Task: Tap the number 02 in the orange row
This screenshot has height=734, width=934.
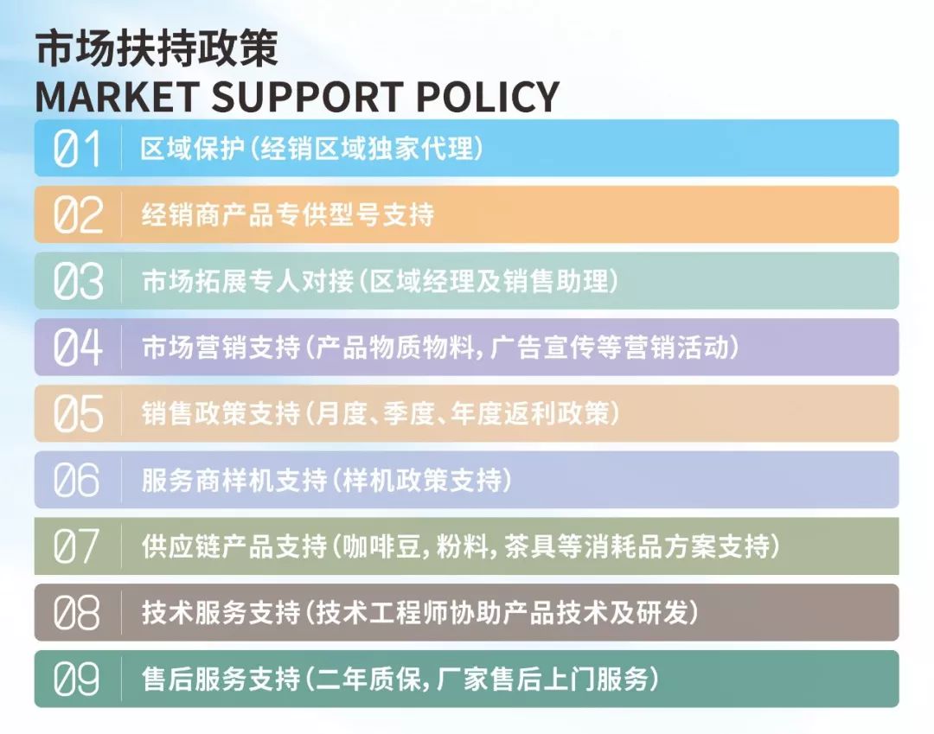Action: [x=78, y=215]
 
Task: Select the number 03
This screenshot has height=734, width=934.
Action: [x=78, y=281]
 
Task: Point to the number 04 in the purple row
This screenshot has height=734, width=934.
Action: [x=78, y=347]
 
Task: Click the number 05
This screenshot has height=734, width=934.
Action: [x=78, y=414]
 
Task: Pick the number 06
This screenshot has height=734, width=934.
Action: [x=76, y=480]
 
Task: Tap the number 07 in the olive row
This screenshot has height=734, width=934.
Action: [x=75, y=546]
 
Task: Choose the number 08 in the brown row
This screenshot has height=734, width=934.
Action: [x=76, y=613]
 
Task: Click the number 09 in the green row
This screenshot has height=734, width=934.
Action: [x=76, y=679]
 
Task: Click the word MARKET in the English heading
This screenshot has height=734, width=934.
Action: [x=117, y=97]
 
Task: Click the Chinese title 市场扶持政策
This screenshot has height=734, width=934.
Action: [x=157, y=48]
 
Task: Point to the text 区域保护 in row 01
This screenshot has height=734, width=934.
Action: [x=192, y=149]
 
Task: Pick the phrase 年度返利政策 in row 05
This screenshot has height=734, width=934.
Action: [x=530, y=414]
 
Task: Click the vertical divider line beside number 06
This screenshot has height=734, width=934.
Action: [x=122, y=480]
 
